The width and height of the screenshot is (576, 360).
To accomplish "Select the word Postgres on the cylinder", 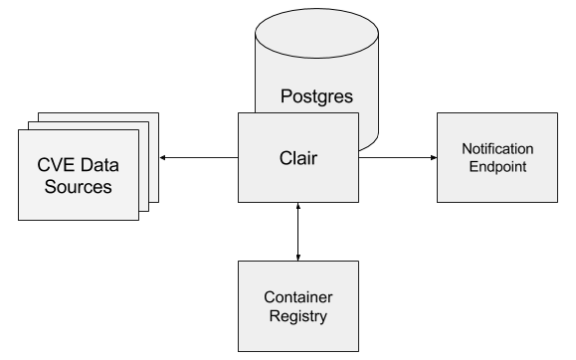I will (x=317, y=97).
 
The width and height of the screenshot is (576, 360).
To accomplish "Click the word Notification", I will (x=495, y=148).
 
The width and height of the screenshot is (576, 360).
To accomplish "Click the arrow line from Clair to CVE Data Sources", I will (x=199, y=156).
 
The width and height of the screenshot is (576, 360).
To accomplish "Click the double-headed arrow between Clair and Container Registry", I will (x=297, y=230).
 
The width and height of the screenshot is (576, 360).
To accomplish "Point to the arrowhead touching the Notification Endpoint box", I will (x=432, y=156).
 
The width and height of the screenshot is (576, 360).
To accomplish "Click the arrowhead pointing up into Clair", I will (x=297, y=204).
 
